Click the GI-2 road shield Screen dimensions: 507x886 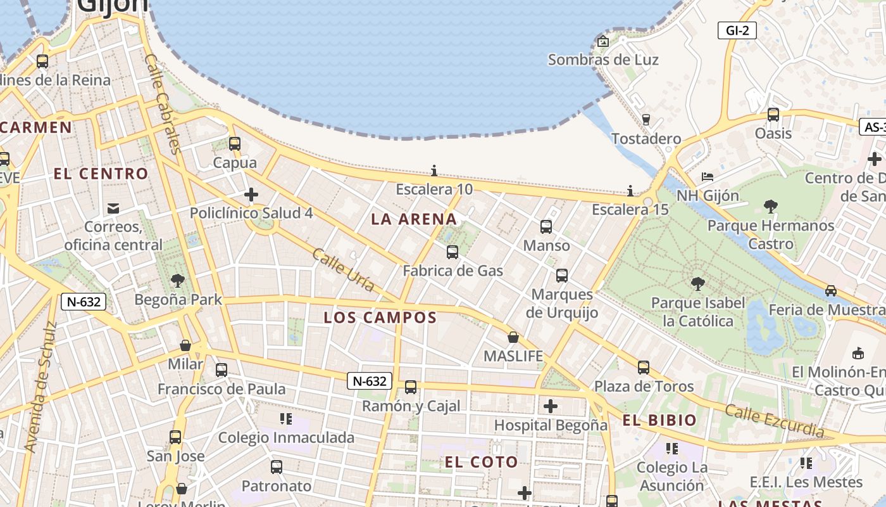[x=737, y=30]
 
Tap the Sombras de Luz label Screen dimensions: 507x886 [x=603, y=60]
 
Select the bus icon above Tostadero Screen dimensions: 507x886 [x=646, y=119]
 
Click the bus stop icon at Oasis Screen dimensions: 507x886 [x=773, y=115]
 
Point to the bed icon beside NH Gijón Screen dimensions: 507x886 [x=708, y=176]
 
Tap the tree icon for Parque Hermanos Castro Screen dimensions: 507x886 [x=771, y=206]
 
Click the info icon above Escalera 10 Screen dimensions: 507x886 [x=434, y=170]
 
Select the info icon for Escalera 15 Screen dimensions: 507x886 [x=630, y=191]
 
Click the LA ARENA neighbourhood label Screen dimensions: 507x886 [x=414, y=219]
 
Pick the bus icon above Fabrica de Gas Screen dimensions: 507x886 [x=452, y=252]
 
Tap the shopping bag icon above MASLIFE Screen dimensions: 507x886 [x=513, y=337]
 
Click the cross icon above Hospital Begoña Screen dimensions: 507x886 [x=551, y=406]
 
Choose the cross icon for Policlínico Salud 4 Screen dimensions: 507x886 [x=251, y=195]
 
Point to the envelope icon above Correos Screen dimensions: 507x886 [x=113, y=208]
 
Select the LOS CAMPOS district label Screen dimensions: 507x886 [x=380, y=318]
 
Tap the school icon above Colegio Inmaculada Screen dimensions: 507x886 [x=286, y=419]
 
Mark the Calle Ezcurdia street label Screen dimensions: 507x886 [x=775, y=421]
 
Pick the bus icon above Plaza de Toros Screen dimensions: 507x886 [x=644, y=368]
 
